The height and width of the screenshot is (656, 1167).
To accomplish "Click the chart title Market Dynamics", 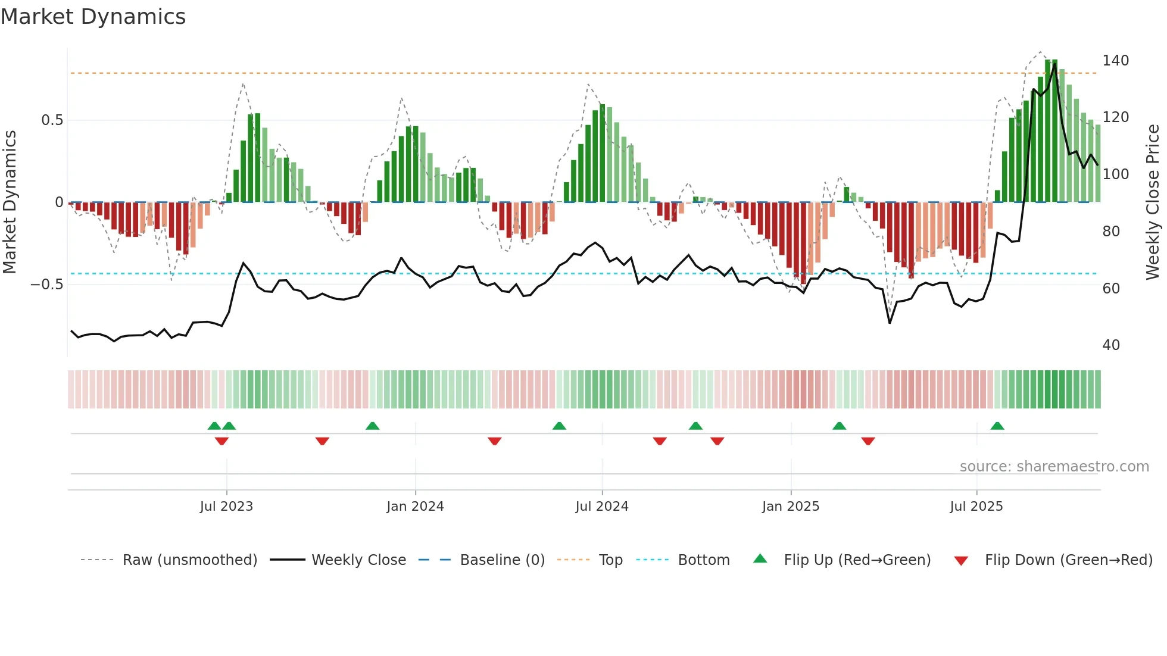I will [93, 17].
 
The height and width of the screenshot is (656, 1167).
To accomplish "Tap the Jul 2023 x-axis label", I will [226, 507].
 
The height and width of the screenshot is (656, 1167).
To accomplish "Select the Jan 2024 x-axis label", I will [415, 507].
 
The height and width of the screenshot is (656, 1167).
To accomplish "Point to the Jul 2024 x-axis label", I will [601, 507].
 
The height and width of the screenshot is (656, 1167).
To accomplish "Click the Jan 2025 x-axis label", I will [790, 507].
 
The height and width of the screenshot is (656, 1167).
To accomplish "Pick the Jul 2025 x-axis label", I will [976, 507].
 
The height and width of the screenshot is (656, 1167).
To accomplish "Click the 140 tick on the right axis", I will [1115, 61].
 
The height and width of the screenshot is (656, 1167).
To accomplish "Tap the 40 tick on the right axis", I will [1111, 345].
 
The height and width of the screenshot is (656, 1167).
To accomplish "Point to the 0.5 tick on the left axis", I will [52, 120].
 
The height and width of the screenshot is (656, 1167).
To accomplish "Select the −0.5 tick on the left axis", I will [47, 285].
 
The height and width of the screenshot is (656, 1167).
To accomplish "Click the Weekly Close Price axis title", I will [1153, 202].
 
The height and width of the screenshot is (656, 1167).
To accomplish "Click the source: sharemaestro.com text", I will [1054, 467].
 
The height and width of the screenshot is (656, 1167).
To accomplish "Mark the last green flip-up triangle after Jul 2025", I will [997, 426].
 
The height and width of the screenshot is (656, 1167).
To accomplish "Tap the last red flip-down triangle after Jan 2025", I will [868, 441].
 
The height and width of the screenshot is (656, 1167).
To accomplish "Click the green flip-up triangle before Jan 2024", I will [372, 426].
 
